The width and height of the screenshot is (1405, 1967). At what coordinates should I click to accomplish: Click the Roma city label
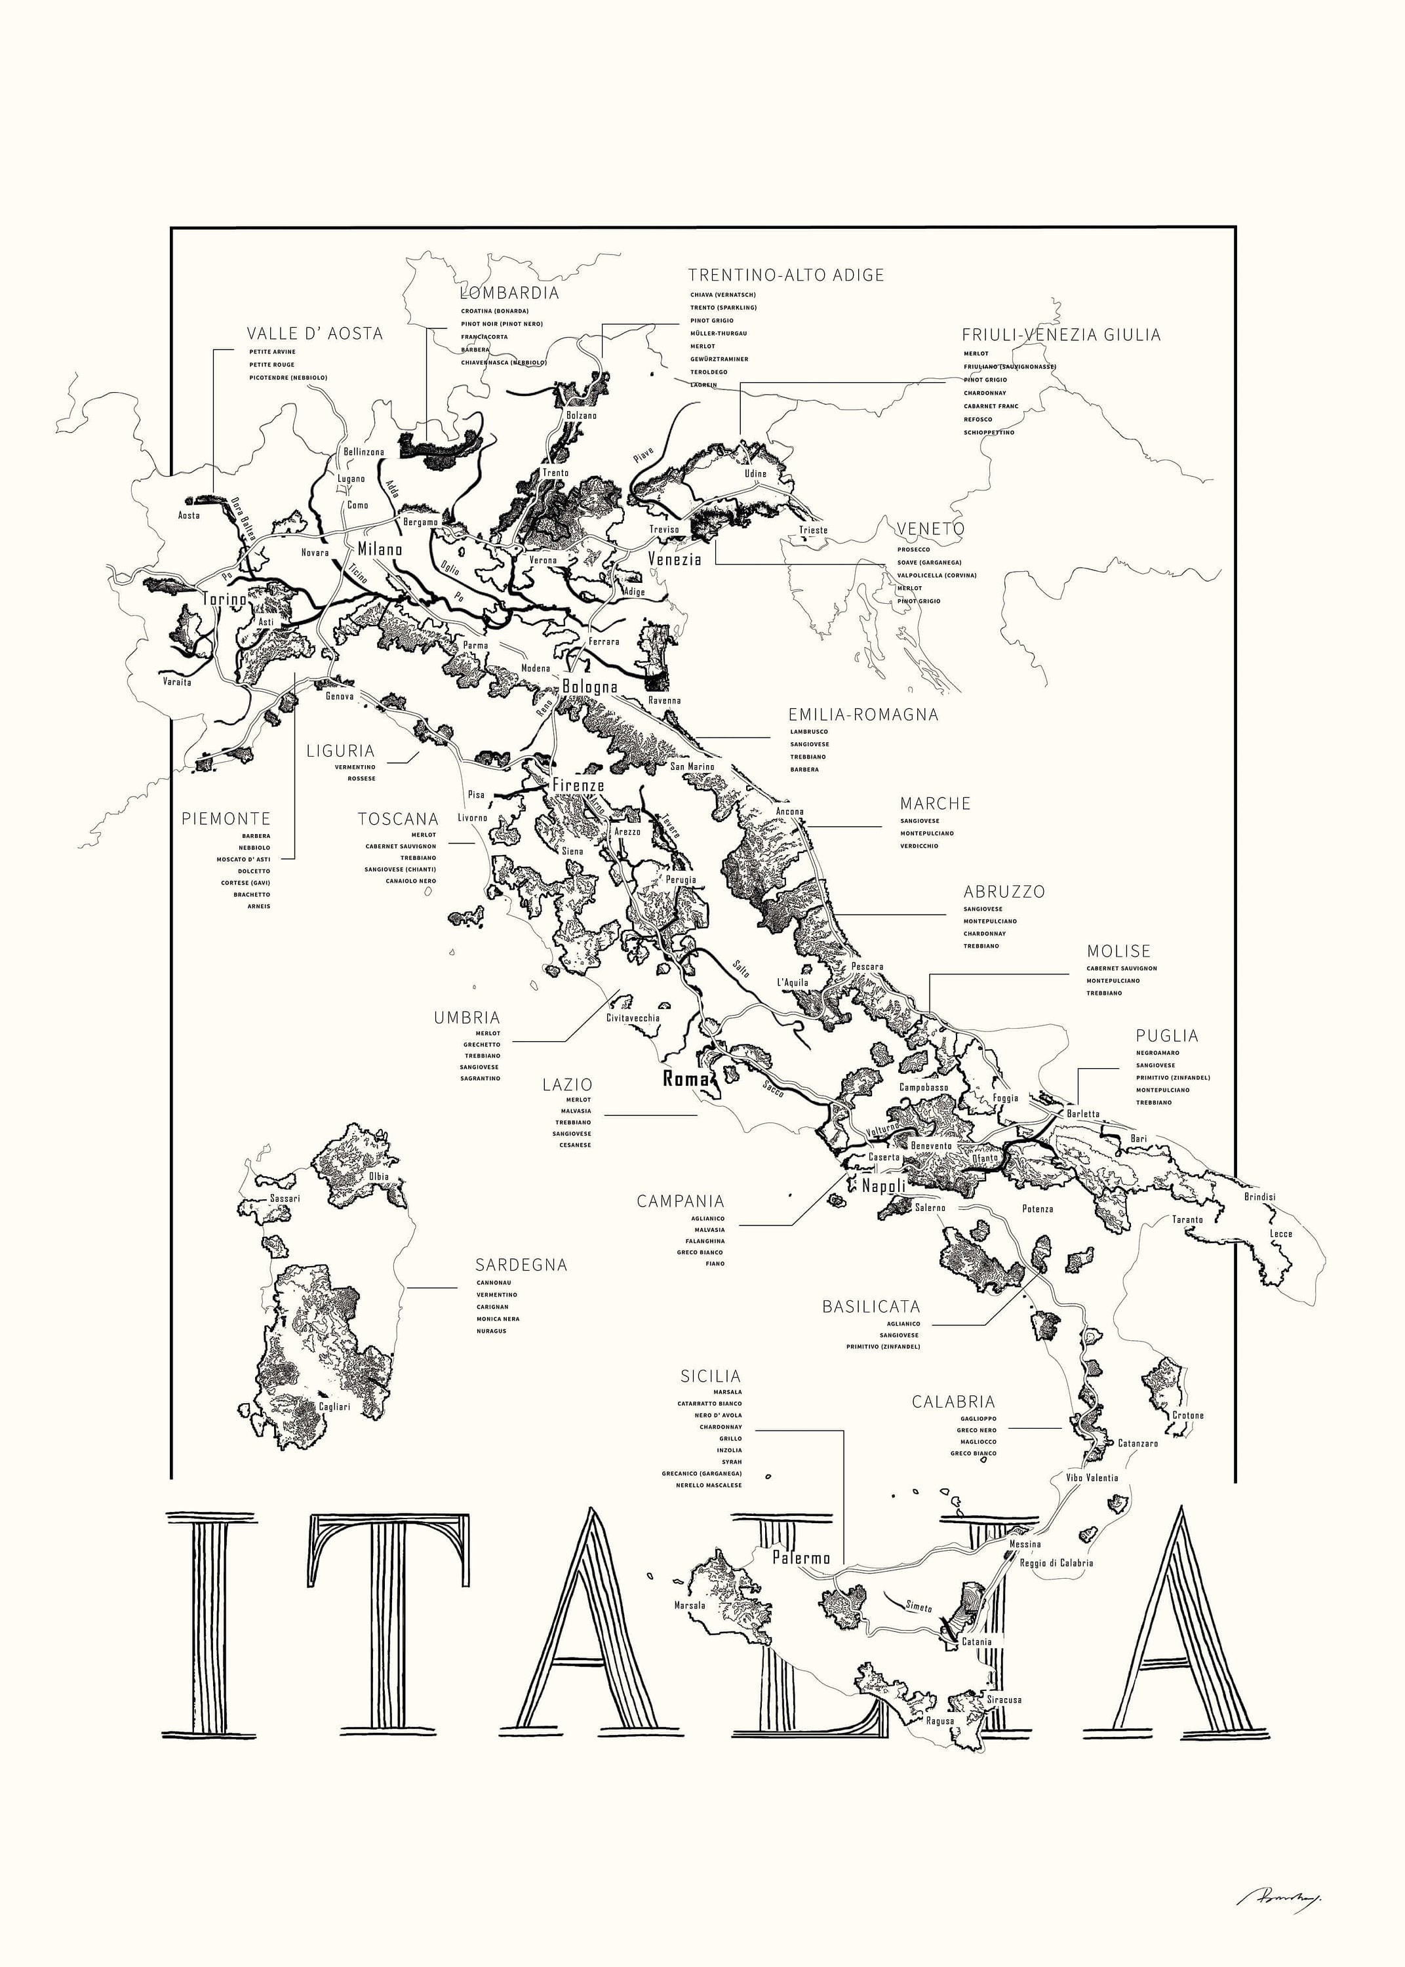coord(685,1079)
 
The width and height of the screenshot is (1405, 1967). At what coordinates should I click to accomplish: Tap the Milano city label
coord(380,548)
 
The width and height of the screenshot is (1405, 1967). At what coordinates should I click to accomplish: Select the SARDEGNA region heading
coord(521,1265)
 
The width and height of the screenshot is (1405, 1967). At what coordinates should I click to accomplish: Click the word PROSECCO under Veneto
coord(913,549)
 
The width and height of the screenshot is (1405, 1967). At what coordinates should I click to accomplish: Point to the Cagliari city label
coord(334,1406)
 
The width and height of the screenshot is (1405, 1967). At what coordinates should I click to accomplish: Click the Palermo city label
coord(801,1558)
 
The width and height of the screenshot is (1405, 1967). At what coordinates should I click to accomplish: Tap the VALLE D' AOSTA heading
coord(314,334)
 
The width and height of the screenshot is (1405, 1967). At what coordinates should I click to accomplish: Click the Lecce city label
coord(1280,1233)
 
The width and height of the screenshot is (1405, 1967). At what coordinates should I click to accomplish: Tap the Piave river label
coord(644,455)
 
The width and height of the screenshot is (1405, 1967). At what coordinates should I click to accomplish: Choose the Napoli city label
coord(882,1186)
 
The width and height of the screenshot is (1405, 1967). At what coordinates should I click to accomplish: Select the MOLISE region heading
coord(1118,951)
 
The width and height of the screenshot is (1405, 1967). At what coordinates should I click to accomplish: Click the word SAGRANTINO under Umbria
coord(480,1079)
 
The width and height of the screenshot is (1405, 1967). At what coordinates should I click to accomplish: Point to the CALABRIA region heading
coord(953,1401)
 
